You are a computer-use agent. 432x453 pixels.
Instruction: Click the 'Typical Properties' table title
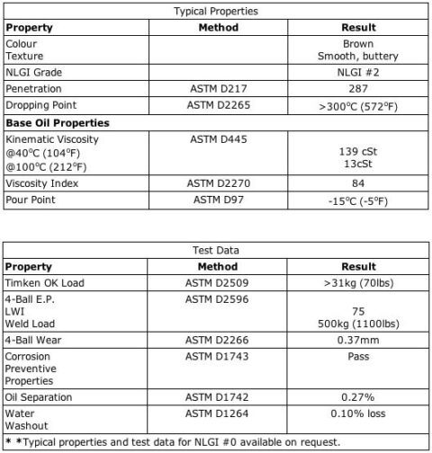pos(215,12)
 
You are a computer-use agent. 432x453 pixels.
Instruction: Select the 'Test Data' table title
pos(215,251)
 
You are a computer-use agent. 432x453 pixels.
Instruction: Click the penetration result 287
pos(357,89)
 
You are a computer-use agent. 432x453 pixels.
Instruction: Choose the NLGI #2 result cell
pos(357,73)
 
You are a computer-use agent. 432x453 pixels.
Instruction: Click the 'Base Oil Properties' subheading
pos(58,122)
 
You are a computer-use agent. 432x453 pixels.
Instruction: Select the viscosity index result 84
pos(357,183)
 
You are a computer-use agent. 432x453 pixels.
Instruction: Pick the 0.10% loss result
pos(357,413)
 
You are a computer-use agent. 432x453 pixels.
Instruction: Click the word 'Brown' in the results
pos(357,43)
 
